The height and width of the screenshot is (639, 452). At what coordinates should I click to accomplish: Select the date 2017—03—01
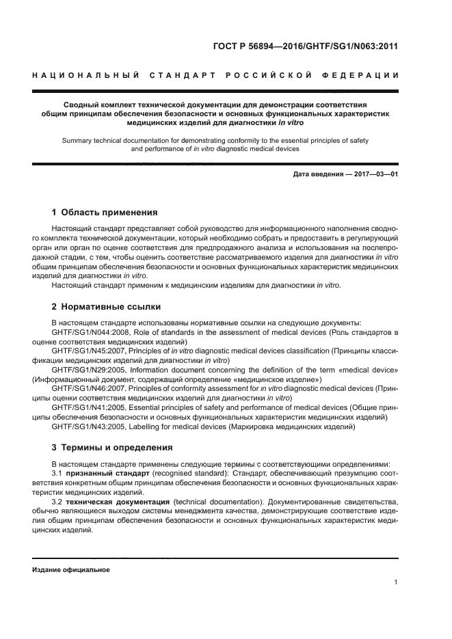(375, 174)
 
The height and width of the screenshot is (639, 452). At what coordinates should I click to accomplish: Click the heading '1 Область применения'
(105, 213)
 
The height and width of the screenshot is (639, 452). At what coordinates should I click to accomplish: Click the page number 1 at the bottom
(396, 582)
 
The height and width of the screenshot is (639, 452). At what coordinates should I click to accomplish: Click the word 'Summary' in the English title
(77, 139)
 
